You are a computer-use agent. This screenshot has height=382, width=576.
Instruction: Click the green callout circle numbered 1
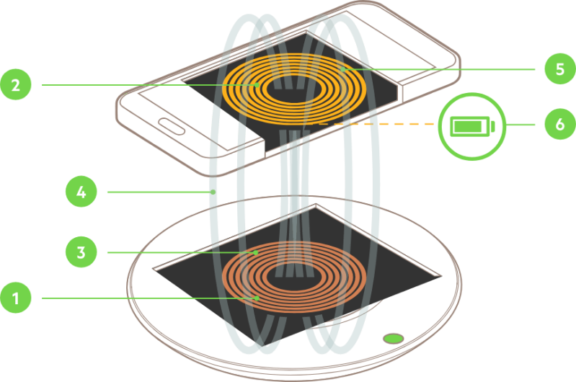16,298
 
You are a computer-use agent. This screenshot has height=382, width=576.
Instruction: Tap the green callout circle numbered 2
16,85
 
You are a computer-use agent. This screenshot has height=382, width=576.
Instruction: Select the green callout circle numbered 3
81,253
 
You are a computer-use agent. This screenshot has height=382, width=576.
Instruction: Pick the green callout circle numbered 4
81,192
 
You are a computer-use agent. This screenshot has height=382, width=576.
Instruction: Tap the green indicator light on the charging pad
394,337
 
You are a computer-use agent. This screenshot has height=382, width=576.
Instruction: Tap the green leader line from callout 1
144,298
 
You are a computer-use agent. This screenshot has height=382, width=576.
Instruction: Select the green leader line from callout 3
180,253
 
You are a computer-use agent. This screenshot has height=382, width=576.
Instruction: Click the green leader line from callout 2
144,85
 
